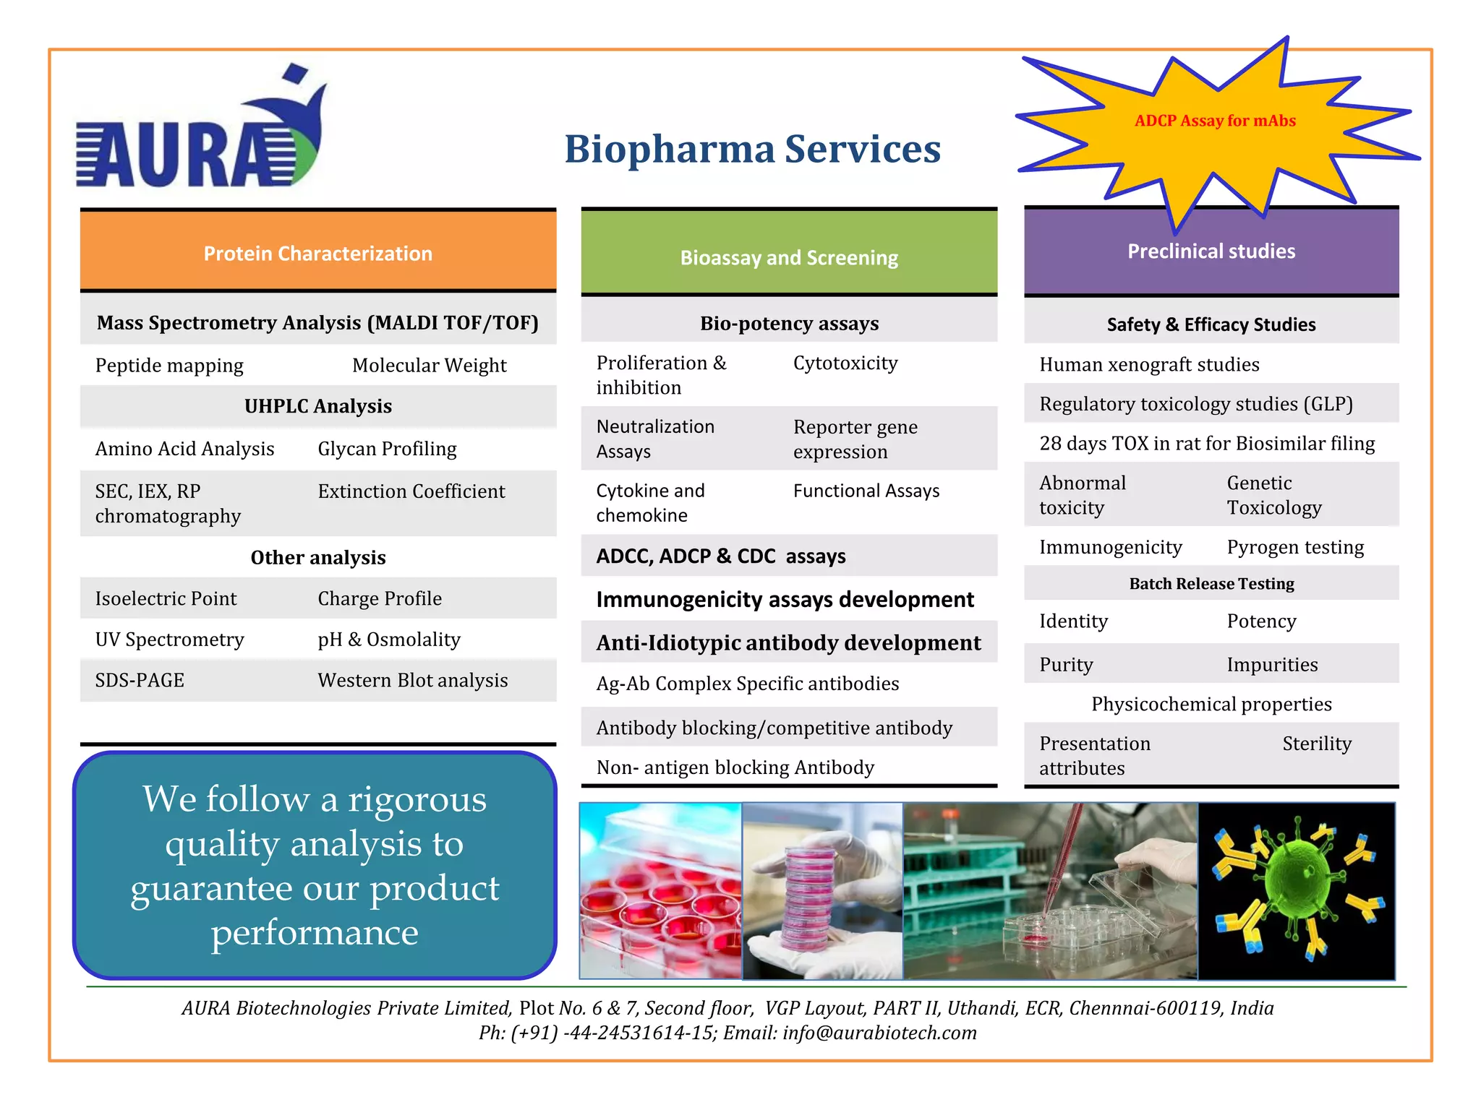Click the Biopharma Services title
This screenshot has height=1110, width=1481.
coord(752,150)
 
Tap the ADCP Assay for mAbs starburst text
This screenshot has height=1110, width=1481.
coord(1214,121)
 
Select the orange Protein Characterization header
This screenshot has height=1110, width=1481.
coord(317,253)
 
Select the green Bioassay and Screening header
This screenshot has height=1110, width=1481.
coord(788,257)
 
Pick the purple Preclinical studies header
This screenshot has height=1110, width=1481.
coord(1211,251)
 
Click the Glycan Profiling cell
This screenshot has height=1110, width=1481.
coord(387,449)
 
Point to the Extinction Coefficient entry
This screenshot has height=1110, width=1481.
coord(411,491)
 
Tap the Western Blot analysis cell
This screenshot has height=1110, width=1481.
coord(412,680)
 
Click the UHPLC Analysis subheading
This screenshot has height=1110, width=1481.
coord(317,406)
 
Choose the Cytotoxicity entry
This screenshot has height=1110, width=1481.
coord(845,363)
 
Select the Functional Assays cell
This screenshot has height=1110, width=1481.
coord(866,491)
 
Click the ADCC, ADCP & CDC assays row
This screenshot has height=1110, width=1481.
coord(720,556)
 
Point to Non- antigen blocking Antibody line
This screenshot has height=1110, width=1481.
coord(735,767)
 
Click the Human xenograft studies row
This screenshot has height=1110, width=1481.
coord(1148,364)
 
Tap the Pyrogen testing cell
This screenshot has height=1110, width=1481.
coord(1294,547)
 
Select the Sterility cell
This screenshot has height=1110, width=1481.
coord(1316,744)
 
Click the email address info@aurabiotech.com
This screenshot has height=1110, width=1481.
coord(879,1033)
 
